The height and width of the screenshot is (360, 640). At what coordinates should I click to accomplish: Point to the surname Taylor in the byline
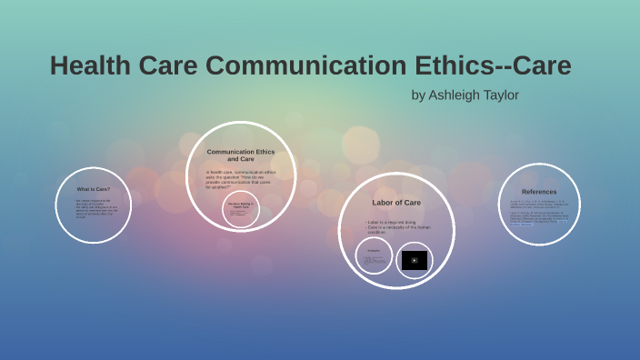tap(501, 95)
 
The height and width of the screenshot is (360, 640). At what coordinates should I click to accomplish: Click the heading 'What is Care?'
tap(94, 189)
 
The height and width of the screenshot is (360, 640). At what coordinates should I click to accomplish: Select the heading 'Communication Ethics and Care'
tap(240, 155)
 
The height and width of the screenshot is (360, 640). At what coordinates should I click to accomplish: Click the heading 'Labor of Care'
tap(396, 202)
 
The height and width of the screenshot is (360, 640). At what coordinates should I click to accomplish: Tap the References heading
tap(539, 192)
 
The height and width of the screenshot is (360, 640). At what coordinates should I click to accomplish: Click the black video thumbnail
tap(415, 260)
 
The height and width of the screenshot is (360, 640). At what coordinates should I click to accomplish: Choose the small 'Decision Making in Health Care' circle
tap(240, 209)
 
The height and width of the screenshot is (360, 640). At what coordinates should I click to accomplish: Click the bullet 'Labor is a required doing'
tap(392, 222)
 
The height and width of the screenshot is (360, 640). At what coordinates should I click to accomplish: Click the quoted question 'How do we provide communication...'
tap(240, 179)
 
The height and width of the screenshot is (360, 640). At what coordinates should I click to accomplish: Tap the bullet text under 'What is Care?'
tap(93, 208)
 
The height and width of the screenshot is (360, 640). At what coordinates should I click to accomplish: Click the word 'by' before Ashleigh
tap(418, 95)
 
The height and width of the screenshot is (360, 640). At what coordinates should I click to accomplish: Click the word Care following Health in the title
tap(167, 66)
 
